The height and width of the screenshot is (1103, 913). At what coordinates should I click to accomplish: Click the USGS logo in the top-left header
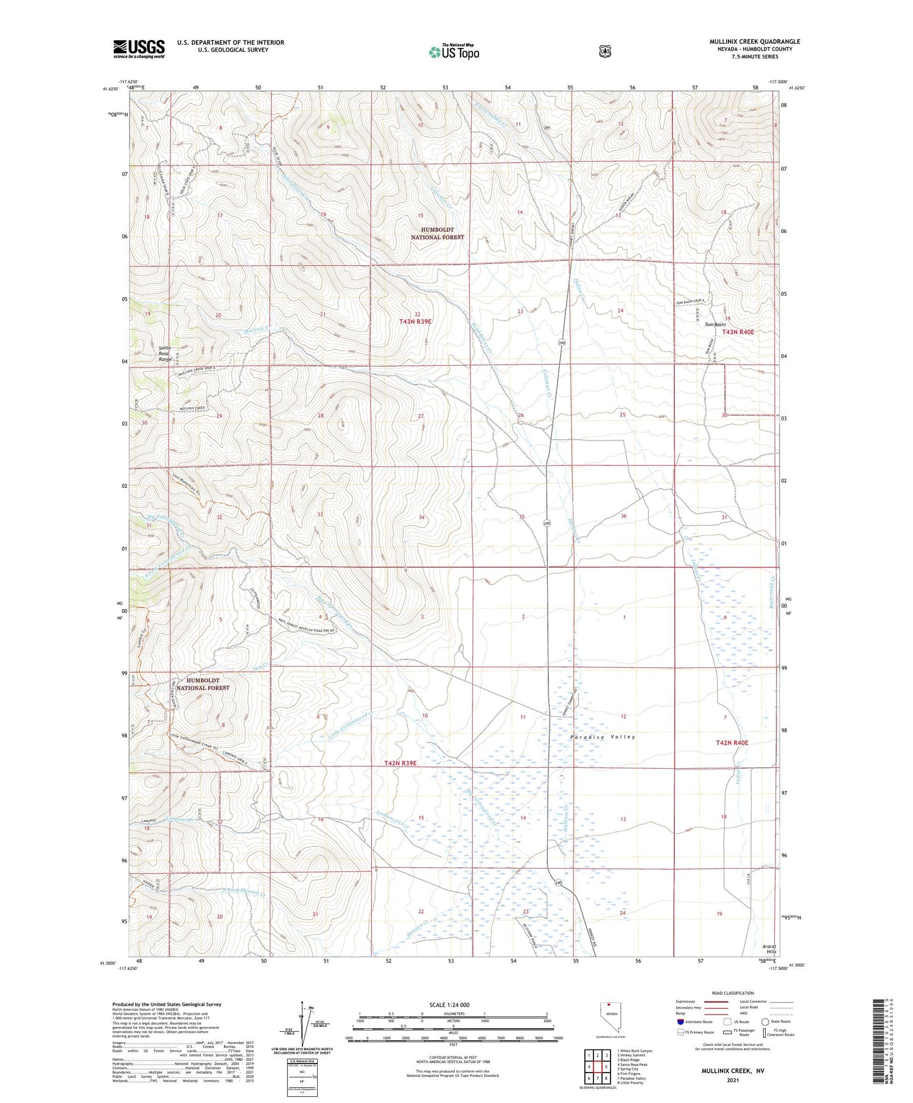pyautogui.click(x=139, y=49)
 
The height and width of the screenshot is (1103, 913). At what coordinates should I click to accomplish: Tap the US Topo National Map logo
pyautogui.click(x=453, y=52)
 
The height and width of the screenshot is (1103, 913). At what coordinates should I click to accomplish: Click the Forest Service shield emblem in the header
pyautogui.click(x=604, y=52)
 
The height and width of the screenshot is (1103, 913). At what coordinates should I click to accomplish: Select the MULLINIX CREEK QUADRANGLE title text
pyautogui.click(x=754, y=41)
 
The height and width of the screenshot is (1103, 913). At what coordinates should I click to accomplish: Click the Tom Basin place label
pyautogui.click(x=716, y=324)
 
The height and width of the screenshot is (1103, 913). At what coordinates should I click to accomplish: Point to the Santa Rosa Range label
pyautogui.click(x=149, y=353)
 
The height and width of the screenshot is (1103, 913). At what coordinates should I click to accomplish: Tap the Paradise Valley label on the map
pyautogui.click(x=603, y=737)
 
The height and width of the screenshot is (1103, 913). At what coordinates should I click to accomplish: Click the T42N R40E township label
pyautogui.click(x=732, y=743)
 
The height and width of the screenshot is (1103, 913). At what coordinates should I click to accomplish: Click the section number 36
pyautogui.click(x=623, y=516)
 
